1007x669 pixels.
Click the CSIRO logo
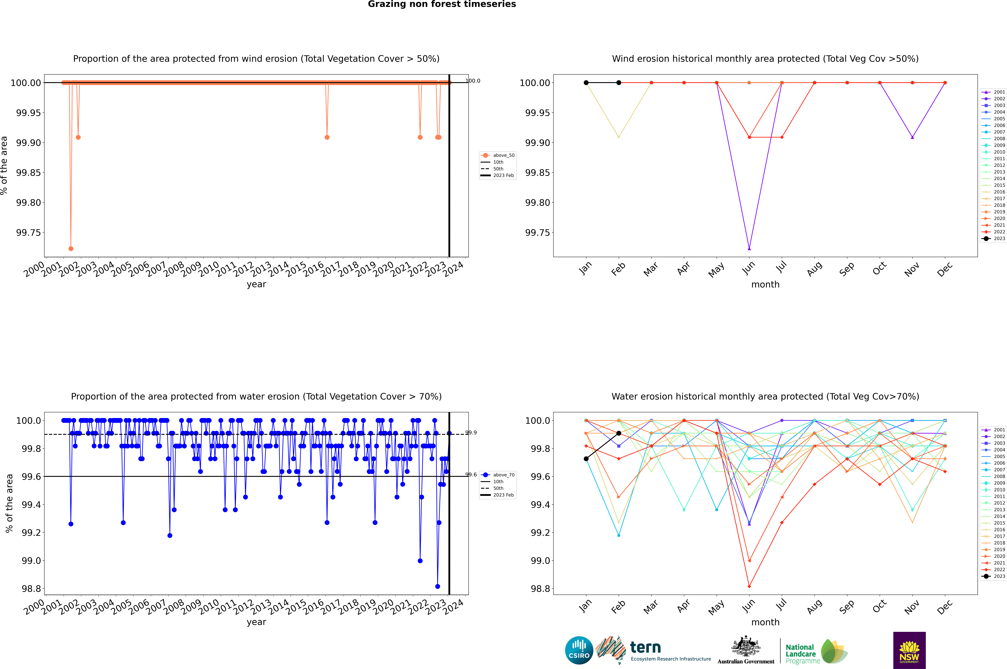(579, 650)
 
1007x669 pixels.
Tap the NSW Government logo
(909, 650)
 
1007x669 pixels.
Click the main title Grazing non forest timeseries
(442, 4)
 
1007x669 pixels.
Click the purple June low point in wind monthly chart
(749, 248)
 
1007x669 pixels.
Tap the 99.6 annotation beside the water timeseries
(471, 474)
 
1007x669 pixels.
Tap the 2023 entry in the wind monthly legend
(995, 238)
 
